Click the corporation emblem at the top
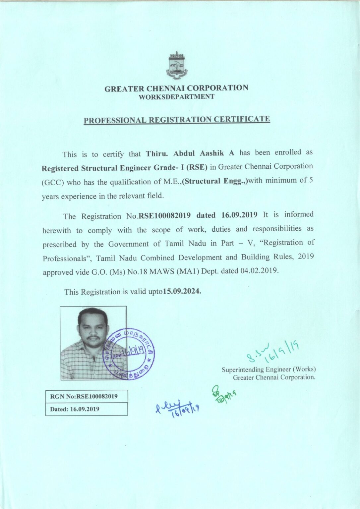(x=177, y=65)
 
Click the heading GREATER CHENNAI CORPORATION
(x=176, y=88)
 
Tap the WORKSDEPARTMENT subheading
(x=176, y=97)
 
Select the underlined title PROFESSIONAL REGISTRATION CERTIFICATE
(x=177, y=120)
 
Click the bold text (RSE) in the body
(x=197, y=167)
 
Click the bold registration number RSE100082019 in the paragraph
(x=165, y=216)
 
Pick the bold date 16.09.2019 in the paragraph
(x=239, y=215)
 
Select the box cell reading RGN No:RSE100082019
(x=86, y=396)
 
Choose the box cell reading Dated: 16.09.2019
(x=86, y=409)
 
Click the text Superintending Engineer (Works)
(x=269, y=369)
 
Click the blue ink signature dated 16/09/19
(x=177, y=408)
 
